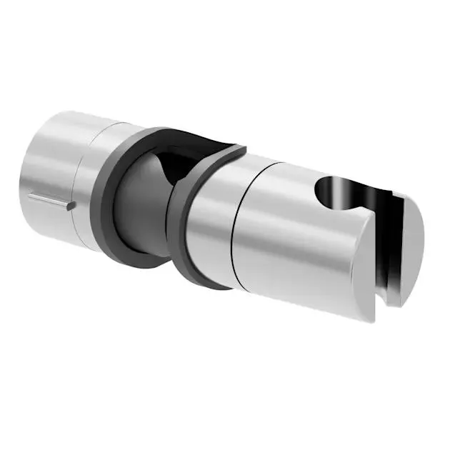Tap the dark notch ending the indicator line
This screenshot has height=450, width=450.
click(x=72, y=206)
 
